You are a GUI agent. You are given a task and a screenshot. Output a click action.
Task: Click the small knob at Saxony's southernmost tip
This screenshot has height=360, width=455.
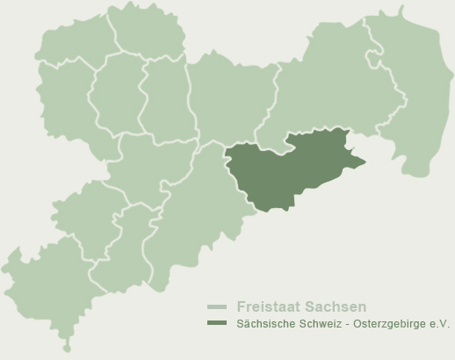tap(67, 348)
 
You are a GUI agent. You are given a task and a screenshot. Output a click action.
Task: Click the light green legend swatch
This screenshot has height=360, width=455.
tap(217, 307)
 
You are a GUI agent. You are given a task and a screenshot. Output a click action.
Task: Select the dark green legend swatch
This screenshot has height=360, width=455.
tap(217, 324)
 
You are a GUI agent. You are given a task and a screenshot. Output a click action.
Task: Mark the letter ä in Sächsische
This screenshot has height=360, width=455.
tap(247, 324)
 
